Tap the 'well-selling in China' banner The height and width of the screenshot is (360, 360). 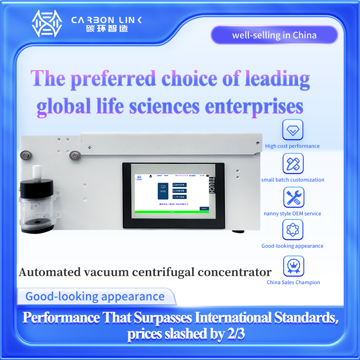(x=274, y=35)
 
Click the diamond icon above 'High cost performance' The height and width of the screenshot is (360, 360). (x=293, y=130)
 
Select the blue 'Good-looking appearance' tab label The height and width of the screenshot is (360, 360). (x=95, y=297)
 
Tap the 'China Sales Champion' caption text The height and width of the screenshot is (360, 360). (x=293, y=283)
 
